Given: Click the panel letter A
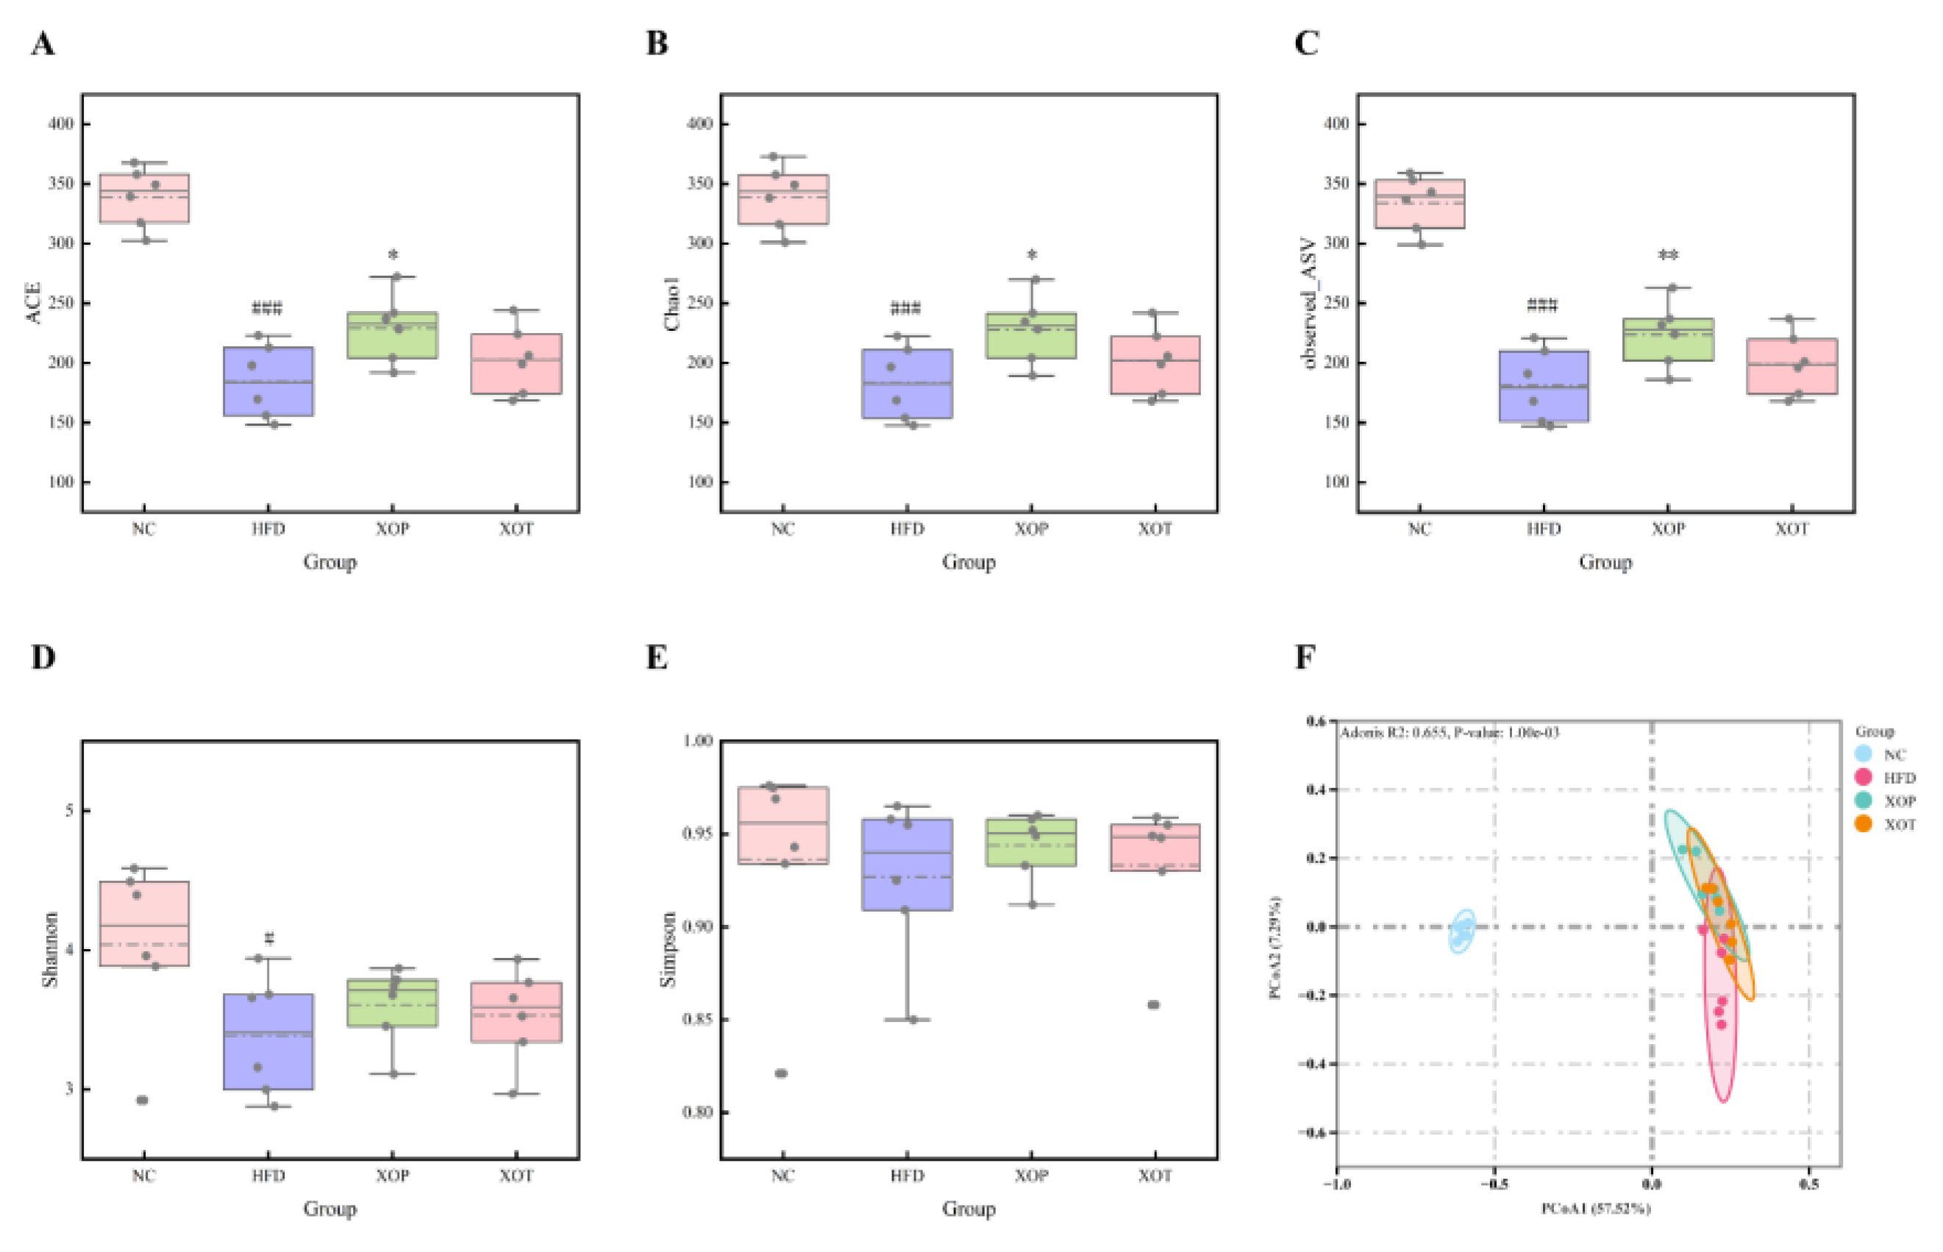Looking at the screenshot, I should pyautogui.click(x=43, y=43).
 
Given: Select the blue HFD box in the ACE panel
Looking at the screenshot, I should pyautogui.click(x=268, y=382).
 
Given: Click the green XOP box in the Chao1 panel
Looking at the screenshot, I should pyautogui.click(x=1031, y=335).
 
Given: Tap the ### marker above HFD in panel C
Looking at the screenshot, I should pyautogui.click(x=1542, y=306).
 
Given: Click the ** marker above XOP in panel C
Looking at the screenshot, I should pyautogui.click(x=1668, y=255).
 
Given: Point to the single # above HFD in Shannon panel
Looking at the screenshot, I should pyautogui.click(x=269, y=938).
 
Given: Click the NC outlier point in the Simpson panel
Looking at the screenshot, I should pyautogui.click(x=781, y=1073).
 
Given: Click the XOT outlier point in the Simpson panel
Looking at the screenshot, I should pyautogui.click(x=1153, y=1005).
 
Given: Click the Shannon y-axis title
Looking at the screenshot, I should pyautogui.click(x=51, y=949).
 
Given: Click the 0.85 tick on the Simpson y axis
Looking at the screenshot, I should pyautogui.click(x=697, y=1020).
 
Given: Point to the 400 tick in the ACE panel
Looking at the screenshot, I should pyautogui.click(x=61, y=124).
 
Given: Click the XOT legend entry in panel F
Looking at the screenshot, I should pyautogui.click(x=1899, y=824).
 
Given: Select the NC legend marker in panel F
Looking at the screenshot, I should pyautogui.click(x=1864, y=754).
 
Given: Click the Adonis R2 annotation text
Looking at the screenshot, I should pyautogui.click(x=1450, y=732).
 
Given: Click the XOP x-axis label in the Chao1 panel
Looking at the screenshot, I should pyautogui.click(x=1031, y=529).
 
